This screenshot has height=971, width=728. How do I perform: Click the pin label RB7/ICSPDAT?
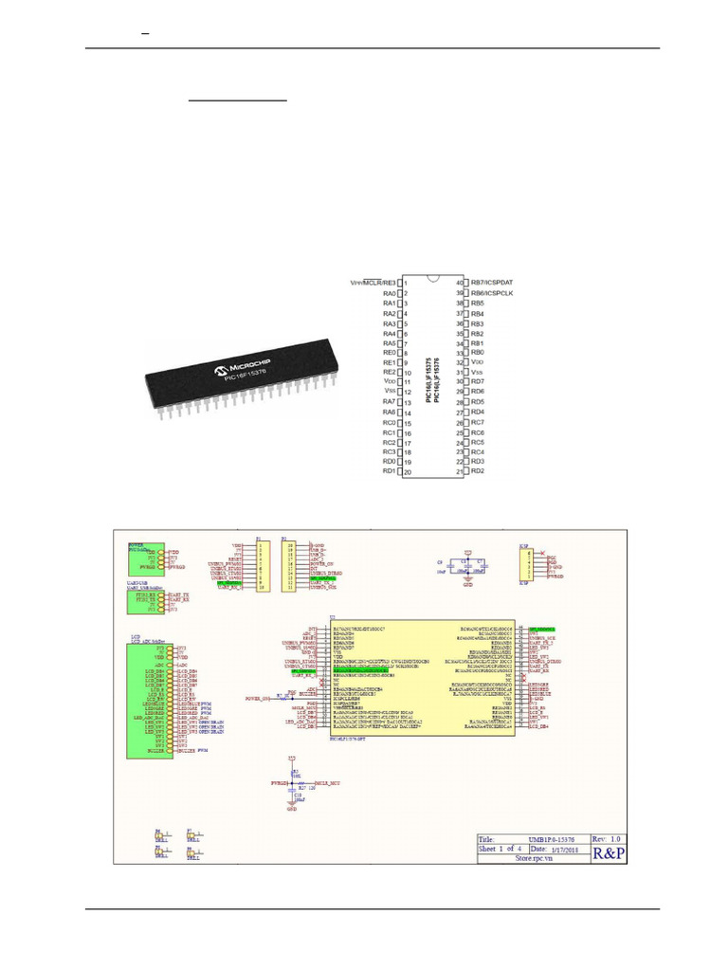coord(497,283)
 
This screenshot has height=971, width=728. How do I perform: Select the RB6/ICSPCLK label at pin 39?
coord(498,293)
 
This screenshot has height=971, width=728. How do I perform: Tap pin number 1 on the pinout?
coord(406,283)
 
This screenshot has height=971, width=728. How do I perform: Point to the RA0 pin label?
coord(389,293)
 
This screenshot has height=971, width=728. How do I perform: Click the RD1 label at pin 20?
coord(389,471)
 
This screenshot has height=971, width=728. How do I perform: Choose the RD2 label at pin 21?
coord(478,471)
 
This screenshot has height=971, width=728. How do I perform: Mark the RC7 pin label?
coord(478,422)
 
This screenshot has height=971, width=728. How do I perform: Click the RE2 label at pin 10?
coord(389,373)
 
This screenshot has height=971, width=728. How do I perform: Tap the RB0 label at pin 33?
coord(478,353)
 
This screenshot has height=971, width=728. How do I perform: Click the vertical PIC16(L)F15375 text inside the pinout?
coord(430,378)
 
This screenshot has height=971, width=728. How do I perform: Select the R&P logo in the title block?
coord(609,853)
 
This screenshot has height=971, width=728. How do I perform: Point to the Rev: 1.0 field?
coord(608,838)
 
